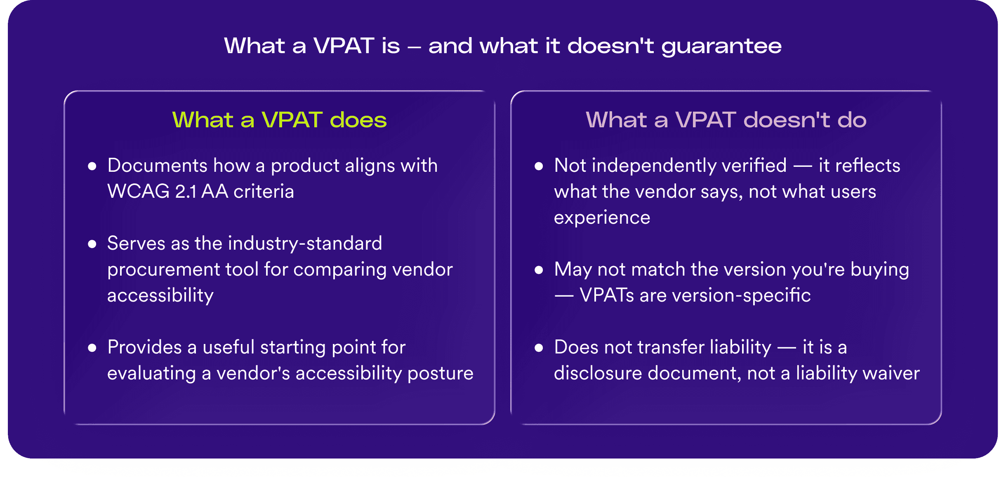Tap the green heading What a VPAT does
click(279, 120)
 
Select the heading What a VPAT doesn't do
click(726, 120)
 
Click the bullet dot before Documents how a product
click(92, 166)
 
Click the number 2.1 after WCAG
click(186, 192)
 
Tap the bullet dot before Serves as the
click(92, 244)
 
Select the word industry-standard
click(305, 243)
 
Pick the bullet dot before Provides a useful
click(92, 348)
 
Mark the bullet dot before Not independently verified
click(538, 166)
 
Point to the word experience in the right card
click(602, 218)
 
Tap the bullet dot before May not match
click(538, 270)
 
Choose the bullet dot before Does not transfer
click(538, 348)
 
